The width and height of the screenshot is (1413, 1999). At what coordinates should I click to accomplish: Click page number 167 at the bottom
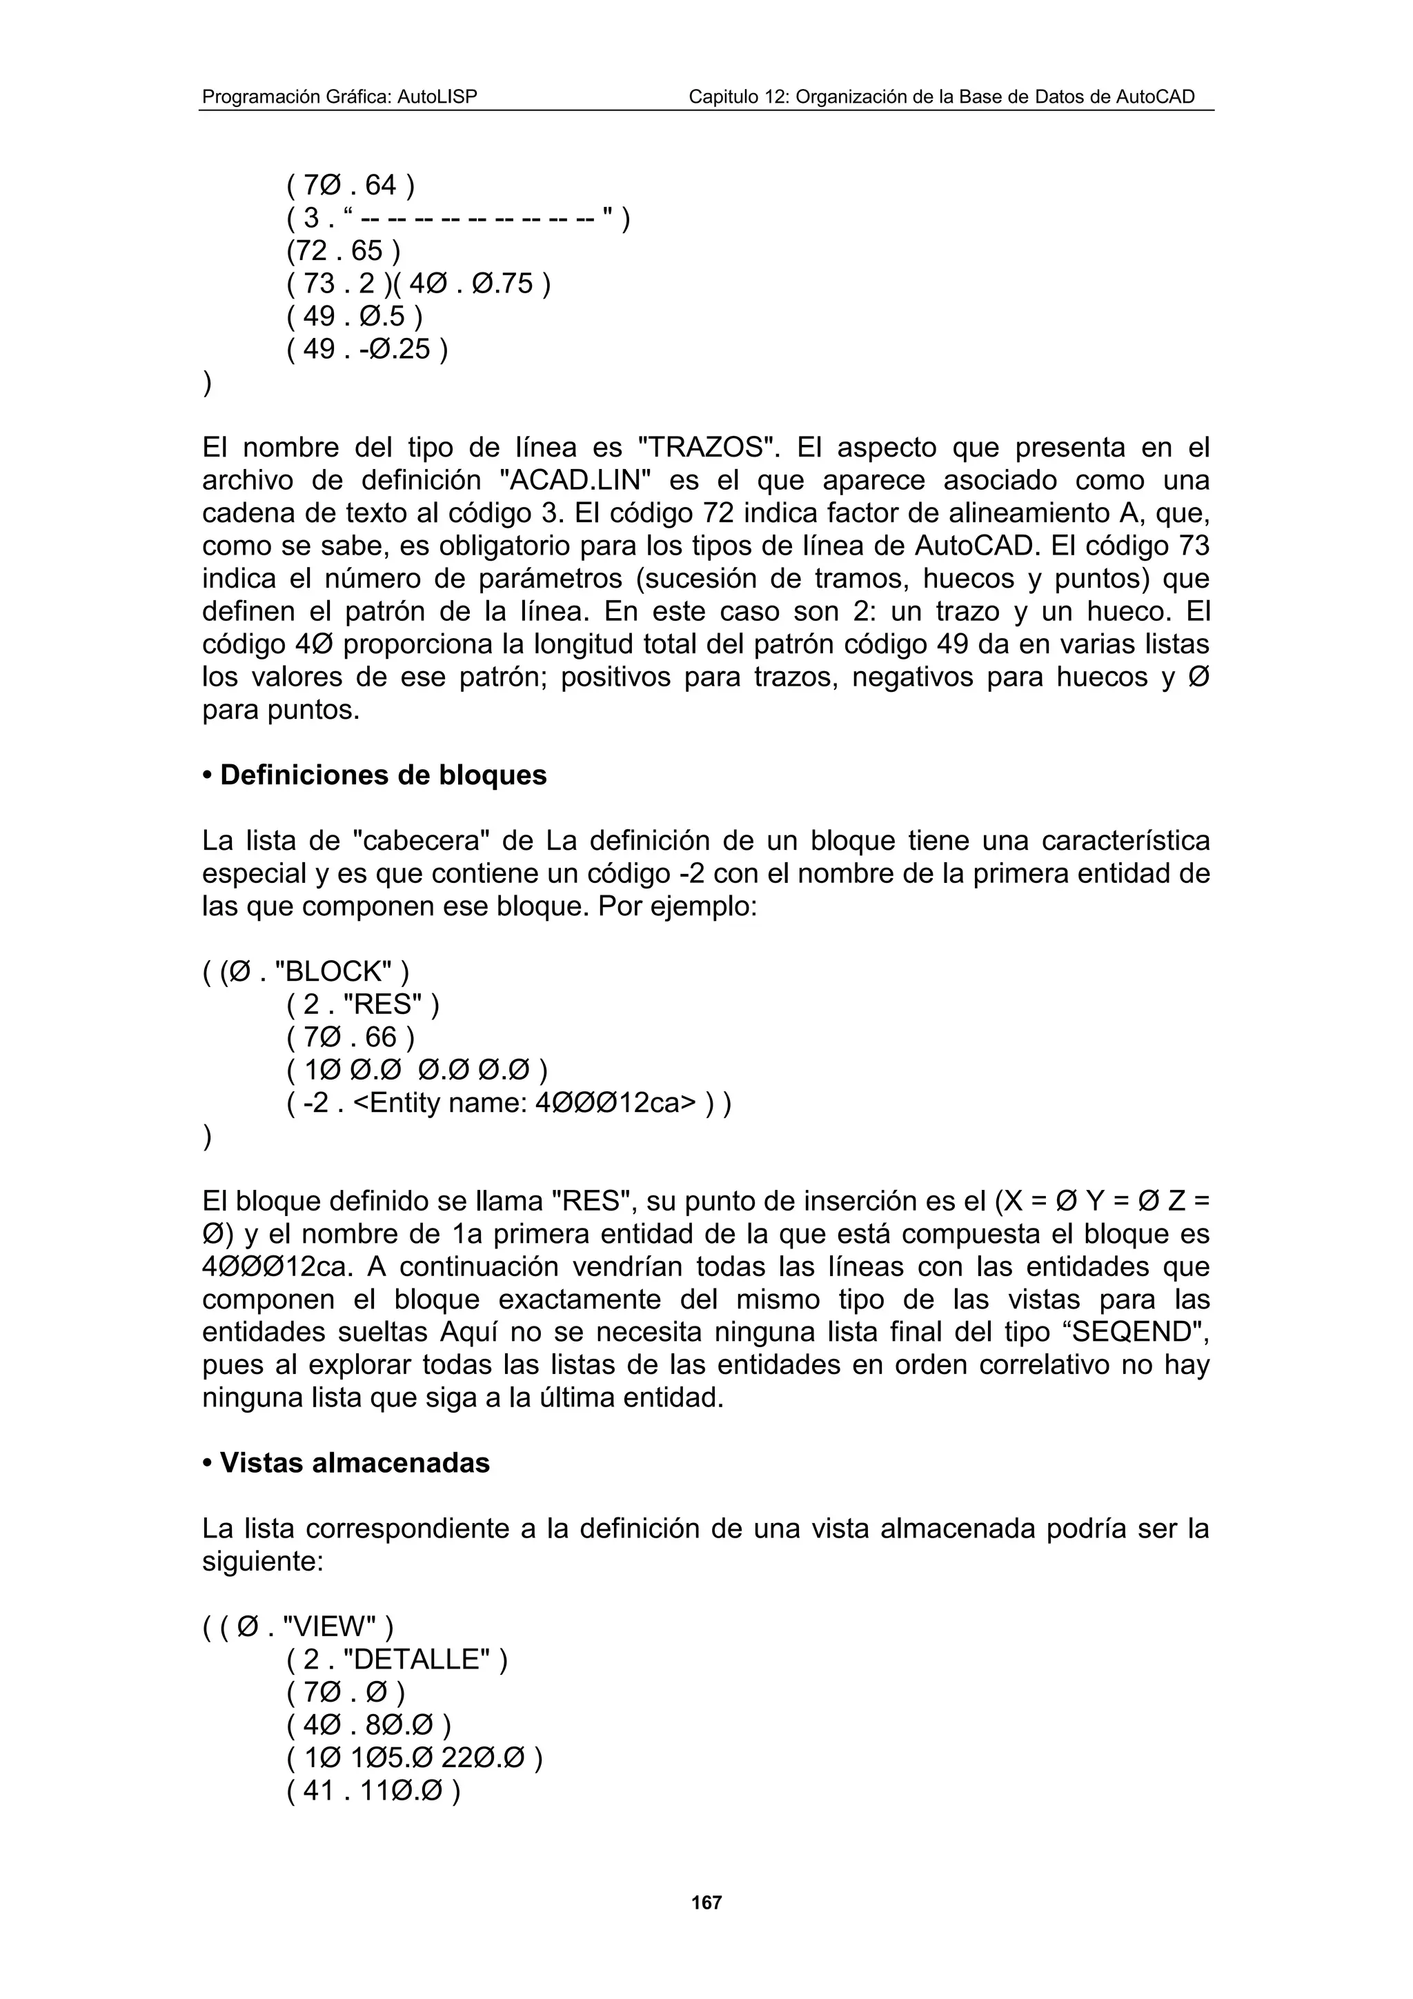pyautogui.click(x=706, y=1902)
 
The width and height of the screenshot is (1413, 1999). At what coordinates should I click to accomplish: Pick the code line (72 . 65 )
pyautogui.click(x=344, y=251)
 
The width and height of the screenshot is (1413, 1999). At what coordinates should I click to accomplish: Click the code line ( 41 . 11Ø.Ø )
pyautogui.click(x=373, y=1791)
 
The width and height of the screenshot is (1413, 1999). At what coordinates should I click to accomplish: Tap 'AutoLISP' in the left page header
pyautogui.click(x=438, y=97)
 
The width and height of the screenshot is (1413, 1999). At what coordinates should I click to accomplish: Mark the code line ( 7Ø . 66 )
pyautogui.click(x=350, y=1037)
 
